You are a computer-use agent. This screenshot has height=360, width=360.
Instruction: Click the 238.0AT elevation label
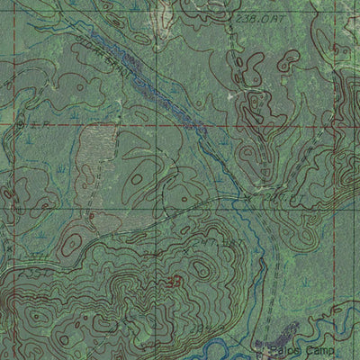pyautogui.click(x=255, y=17)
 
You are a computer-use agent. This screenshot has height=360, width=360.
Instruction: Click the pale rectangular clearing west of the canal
pyautogui.click(x=91, y=153)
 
